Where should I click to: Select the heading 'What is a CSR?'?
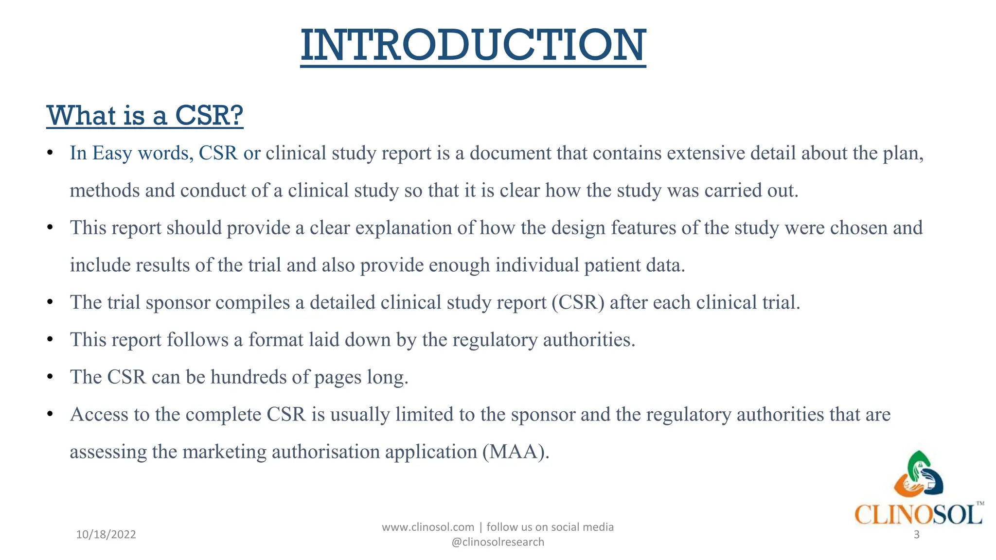(144, 116)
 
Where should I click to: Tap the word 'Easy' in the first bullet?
(112, 153)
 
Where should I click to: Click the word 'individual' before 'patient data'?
(537, 265)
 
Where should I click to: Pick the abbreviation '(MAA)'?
(516, 452)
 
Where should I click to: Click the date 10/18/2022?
(106, 535)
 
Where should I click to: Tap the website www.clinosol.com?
(427, 527)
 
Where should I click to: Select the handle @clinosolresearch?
(498, 542)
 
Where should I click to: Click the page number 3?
(917, 535)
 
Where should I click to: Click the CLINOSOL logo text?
(918, 514)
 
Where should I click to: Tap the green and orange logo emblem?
(918, 474)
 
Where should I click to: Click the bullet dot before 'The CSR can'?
(50, 377)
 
